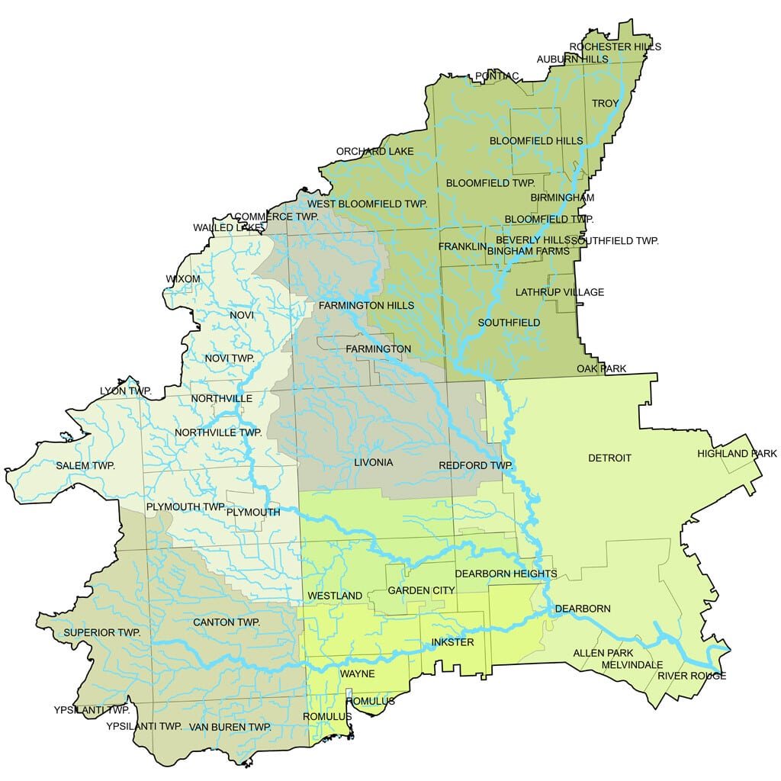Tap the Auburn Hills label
572,59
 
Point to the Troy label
606,103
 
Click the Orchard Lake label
375,151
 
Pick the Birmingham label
562,198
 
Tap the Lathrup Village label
560,292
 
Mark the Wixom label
183,279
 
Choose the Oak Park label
601,369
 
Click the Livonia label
374,463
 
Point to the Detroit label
609,458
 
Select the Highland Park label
738,454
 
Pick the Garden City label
421,590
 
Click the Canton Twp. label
227,622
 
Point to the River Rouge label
692,676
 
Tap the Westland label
335,595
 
